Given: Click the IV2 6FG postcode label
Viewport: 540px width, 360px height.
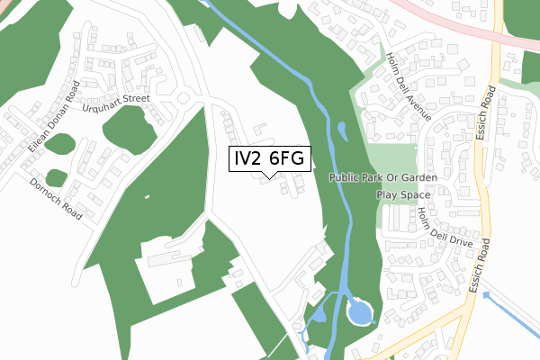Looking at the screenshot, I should tap(271, 158).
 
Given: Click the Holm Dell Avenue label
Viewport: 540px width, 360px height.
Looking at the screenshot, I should tap(409, 85).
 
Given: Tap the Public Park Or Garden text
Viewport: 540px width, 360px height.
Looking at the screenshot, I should tap(382, 178).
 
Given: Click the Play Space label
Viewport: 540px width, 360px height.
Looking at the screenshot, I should tap(400, 194).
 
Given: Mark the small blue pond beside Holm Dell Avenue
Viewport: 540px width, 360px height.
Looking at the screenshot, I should tap(343, 130).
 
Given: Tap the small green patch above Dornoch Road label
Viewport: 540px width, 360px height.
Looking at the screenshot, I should tap(56, 176).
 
